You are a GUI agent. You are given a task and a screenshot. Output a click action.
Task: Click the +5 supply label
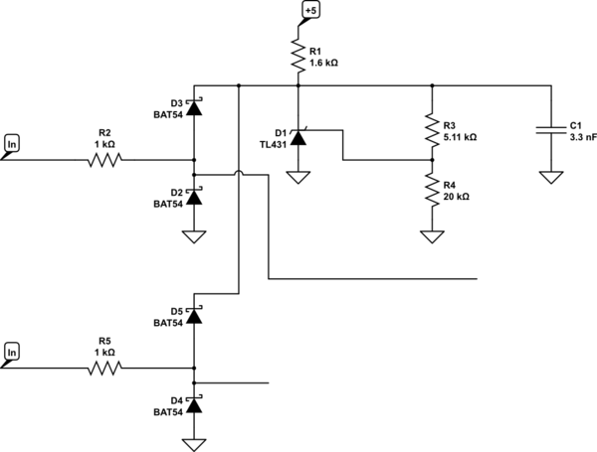coord(310,10)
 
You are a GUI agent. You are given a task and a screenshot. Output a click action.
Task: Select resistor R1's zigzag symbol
coord(298,57)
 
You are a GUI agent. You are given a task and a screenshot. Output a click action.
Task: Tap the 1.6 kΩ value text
coord(323,63)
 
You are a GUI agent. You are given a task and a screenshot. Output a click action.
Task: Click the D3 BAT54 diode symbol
coord(194,107)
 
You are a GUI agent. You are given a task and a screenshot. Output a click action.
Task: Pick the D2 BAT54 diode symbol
coord(194,197)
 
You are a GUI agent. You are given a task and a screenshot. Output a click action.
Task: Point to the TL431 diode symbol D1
coord(298,137)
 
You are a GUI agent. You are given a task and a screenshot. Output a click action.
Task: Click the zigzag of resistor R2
coord(104,160)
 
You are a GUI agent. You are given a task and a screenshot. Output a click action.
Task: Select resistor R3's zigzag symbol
coord(432,130)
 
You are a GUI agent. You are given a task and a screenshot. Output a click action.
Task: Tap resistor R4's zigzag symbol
coord(432,190)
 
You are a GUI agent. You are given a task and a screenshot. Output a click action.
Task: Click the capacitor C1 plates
coord(551,129)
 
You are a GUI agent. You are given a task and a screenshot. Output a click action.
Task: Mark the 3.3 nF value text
coord(583,137)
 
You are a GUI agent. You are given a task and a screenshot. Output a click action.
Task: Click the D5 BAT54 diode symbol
coord(194,315)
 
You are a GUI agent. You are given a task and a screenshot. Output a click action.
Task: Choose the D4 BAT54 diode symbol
coord(194,404)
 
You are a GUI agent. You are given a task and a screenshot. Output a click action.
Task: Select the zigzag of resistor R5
coord(104,368)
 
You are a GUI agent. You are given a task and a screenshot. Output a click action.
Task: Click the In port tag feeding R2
coord(12,144)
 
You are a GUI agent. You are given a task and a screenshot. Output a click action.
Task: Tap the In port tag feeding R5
coord(12,353)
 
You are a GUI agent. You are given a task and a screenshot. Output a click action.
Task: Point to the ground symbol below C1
coord(551,177)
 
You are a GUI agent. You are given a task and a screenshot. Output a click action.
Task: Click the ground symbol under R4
coord(432,236)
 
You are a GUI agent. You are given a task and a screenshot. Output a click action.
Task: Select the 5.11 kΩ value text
coord(460,137)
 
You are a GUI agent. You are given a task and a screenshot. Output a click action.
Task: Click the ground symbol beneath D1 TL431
coord(298,177)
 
